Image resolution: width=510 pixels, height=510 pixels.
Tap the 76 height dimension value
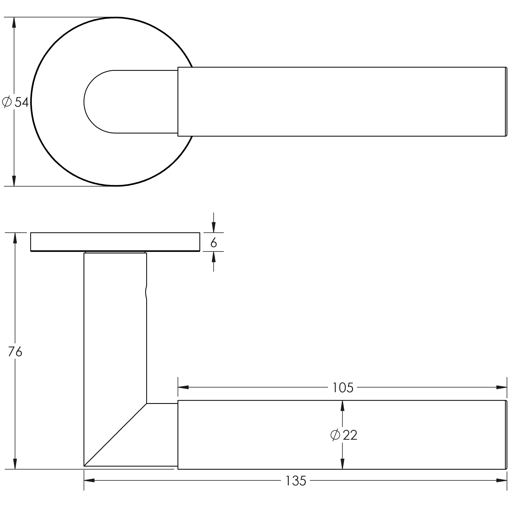coord(15,352)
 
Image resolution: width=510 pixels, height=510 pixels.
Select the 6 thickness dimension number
coord(214,243)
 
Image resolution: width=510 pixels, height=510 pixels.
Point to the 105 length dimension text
coord(343,388)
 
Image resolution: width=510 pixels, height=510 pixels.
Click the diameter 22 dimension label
coord(344,435)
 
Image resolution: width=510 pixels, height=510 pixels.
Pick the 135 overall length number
coord(296,481)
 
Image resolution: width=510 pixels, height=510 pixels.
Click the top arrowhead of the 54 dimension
coord(14,22)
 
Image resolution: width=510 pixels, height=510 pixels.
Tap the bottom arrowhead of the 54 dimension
coord(14,181)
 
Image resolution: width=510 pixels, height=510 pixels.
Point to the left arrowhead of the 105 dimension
coord(183,387)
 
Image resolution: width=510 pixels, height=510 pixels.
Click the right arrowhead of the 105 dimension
coord(502,387)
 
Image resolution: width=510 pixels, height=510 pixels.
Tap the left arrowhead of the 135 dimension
coord(89,481)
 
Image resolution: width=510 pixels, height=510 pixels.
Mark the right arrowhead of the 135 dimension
coord(502,481)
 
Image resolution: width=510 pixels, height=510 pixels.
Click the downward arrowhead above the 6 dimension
coord(214,228)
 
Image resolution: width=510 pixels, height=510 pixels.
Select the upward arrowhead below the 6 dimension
coord(214,257)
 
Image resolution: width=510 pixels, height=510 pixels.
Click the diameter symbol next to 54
coord(7,102)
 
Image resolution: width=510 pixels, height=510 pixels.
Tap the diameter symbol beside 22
coord(335,435)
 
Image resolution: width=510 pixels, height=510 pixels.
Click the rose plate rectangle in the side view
coord(115,242)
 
